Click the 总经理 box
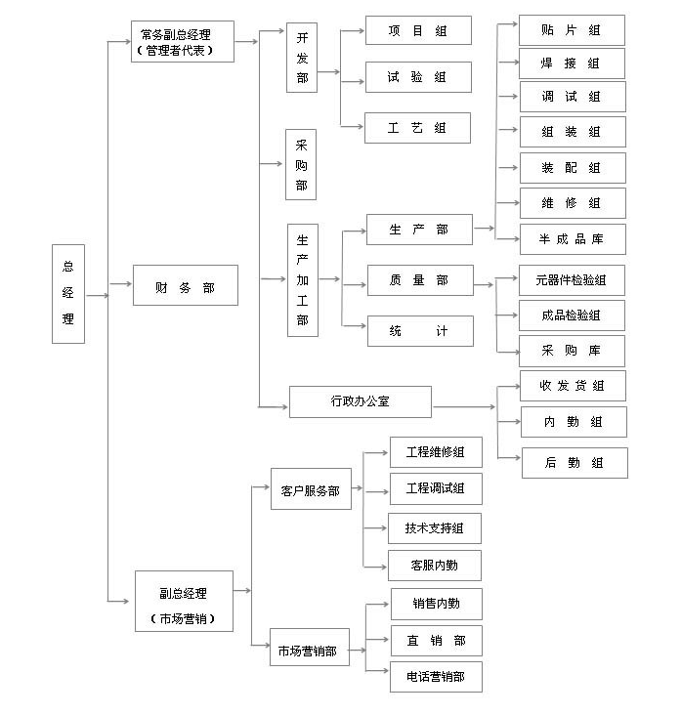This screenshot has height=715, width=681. (68, 293)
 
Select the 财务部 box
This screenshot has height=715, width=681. (185, 287)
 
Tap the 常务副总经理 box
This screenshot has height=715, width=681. (182, 41)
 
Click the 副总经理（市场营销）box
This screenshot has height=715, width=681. (184, 601)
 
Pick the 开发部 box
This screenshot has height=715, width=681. (302, 59)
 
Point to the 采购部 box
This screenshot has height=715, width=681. (301, 164)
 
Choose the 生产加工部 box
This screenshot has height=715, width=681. (302, 280)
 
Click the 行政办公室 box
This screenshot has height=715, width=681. (360, 401)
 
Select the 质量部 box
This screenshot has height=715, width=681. (419, 280)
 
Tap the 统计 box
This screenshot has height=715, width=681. (419, 331)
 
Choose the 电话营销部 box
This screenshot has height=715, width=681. (436, 676)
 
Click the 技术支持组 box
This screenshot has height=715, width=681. (435, 528)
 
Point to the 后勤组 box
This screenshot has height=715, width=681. (574, 462)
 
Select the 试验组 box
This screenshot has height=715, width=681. (418, 77)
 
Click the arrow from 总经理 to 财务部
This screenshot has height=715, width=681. (120, 284)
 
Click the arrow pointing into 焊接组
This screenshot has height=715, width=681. (507, 63)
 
